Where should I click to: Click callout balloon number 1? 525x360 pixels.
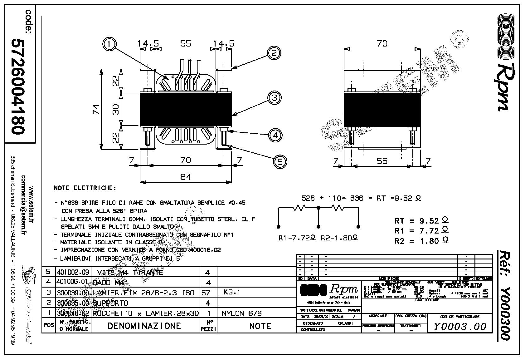pyautogui.click(x=109, y=44)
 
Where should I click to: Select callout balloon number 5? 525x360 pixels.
pyautogui.click(x=280, y=161)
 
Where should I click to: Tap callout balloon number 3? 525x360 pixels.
pyautogui.click(x=274, y=98)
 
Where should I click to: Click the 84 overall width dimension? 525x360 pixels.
pyautogui.click(x=186, y=177)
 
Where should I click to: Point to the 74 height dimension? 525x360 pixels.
pyautogui.click(x=95, y=109)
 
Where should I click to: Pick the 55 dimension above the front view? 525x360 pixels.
pyautogui.click(x=186, y=43)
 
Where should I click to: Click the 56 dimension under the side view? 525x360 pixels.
pyautogui.click(x=382, y=161)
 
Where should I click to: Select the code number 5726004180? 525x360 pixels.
pyautogui.click(x=18, y=86)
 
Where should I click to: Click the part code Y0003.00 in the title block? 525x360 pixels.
pyautogui.click(x=460, y=327)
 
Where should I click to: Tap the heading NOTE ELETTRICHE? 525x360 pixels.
pyautogui.click(x=85, y=188)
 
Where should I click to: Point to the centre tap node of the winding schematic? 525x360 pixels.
pyautogui.click(x=318, y=208)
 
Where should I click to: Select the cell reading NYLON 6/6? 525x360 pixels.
pyautogui.click(x=241, y=313)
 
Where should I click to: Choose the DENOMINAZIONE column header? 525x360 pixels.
pyautogui.click(x=144, y=326)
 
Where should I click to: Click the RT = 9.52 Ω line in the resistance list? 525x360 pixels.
pyautogui.click(x=421, y=221)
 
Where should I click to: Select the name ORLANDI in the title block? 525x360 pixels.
pyautogui.click(x=345, y=323)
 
